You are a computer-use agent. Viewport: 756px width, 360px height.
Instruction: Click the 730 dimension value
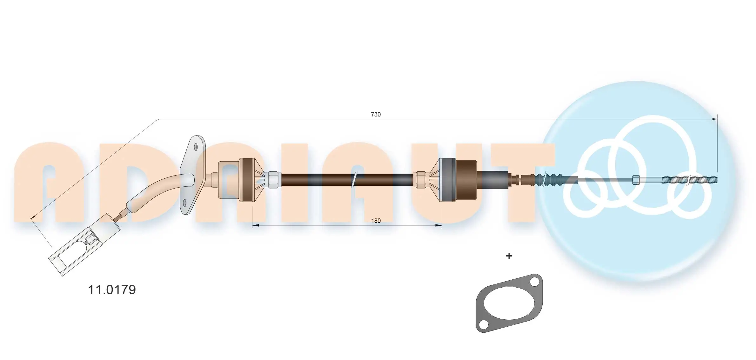coord(376,114)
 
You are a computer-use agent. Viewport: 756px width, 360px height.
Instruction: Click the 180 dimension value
coord(376,221)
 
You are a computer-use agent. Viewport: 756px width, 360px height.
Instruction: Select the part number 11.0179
coord(112,290)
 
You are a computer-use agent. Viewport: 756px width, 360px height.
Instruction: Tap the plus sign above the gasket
coord(509,256)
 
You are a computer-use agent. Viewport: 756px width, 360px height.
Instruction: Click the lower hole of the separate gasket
coord(483,325)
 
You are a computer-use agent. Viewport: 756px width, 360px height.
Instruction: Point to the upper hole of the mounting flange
coord(196,147)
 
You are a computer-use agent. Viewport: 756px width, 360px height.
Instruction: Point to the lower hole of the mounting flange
coord(185,202)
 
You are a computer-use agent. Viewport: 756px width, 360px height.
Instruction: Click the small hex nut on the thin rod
coord(636,180)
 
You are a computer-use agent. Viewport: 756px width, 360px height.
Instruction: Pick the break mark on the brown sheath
coord(354,180)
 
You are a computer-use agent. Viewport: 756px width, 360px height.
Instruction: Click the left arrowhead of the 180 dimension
coord(255,225)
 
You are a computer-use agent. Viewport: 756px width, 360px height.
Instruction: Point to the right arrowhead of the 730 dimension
coord(714,119)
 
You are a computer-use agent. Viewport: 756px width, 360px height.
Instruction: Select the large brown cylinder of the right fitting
coord(465,180)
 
